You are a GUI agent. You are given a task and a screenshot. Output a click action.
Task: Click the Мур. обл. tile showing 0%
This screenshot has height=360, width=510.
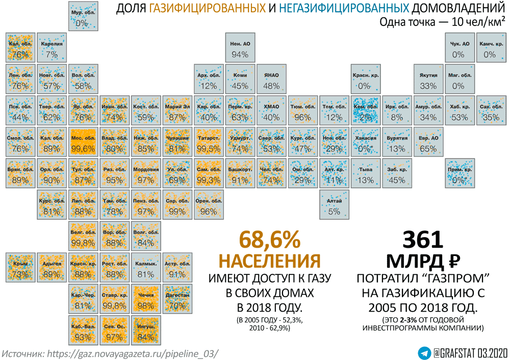point(83,17)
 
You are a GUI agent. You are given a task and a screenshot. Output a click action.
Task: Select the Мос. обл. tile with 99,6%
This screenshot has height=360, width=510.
point(83,143)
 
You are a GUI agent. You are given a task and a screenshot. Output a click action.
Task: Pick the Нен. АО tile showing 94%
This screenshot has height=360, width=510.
point(239,48)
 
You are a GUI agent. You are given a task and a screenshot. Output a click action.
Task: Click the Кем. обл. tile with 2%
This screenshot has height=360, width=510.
point(365,111)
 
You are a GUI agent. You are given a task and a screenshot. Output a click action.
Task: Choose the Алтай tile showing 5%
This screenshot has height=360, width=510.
point(334,205)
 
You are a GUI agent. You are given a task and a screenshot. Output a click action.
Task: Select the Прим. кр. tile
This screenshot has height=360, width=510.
point(458,174)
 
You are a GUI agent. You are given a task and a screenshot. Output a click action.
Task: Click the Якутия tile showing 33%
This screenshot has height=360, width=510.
point(428,80)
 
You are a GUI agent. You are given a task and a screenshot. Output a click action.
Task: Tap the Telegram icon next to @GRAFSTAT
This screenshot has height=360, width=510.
point(423,352)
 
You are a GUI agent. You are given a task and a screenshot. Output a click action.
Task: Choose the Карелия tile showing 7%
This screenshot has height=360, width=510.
point(52,48)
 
